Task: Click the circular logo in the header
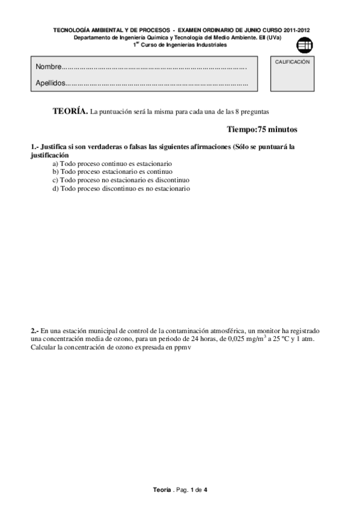point(305,44)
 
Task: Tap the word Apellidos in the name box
point(50,84)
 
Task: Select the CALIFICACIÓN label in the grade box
point(292,62)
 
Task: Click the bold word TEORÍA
point(70,111)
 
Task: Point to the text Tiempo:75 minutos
point(262,129)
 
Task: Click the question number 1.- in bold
point(35,147)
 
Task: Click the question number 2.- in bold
point(35,331)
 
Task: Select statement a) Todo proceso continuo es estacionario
point(112,164)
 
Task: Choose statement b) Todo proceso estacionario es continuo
point(112,171)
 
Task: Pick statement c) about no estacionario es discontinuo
point(121,180)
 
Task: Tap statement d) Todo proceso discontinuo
point(121,188)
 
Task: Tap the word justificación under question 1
point(49,155)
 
